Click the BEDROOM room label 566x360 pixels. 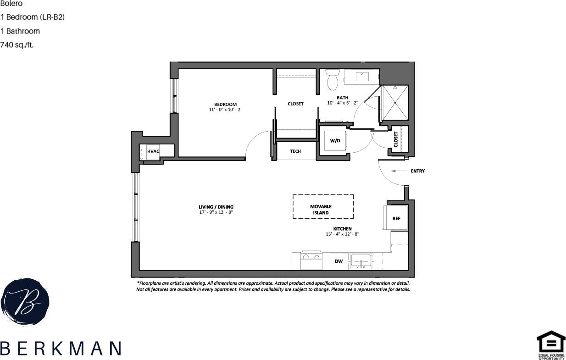(225, 104)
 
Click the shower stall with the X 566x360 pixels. (394, 102)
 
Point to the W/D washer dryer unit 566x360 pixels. (335, 141)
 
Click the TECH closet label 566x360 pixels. (295, 151)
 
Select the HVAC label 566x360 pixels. (153, 151)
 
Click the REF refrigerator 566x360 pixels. (396, 218)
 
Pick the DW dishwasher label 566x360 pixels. (339, 261)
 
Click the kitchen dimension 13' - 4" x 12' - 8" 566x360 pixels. (342, 234)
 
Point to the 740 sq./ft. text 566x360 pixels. (17, 45)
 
